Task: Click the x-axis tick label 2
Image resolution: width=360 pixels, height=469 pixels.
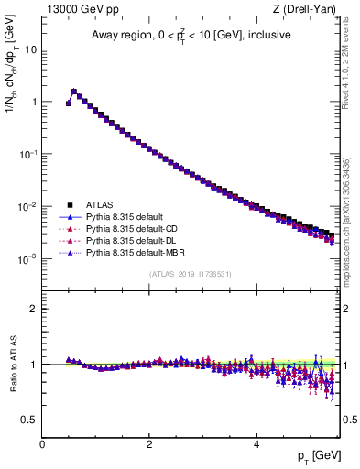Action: (x=149, y=443)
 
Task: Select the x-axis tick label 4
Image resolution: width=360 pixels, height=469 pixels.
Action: (x=256, y=443)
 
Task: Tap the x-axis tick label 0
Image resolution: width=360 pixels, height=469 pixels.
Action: (x=43, y=443)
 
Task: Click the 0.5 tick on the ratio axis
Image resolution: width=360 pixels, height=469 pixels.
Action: (x=29, y=420)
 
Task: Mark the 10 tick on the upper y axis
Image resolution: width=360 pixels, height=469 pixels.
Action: (x=30, y=49)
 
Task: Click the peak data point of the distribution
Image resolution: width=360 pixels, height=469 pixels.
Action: (x=74, y=92)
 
